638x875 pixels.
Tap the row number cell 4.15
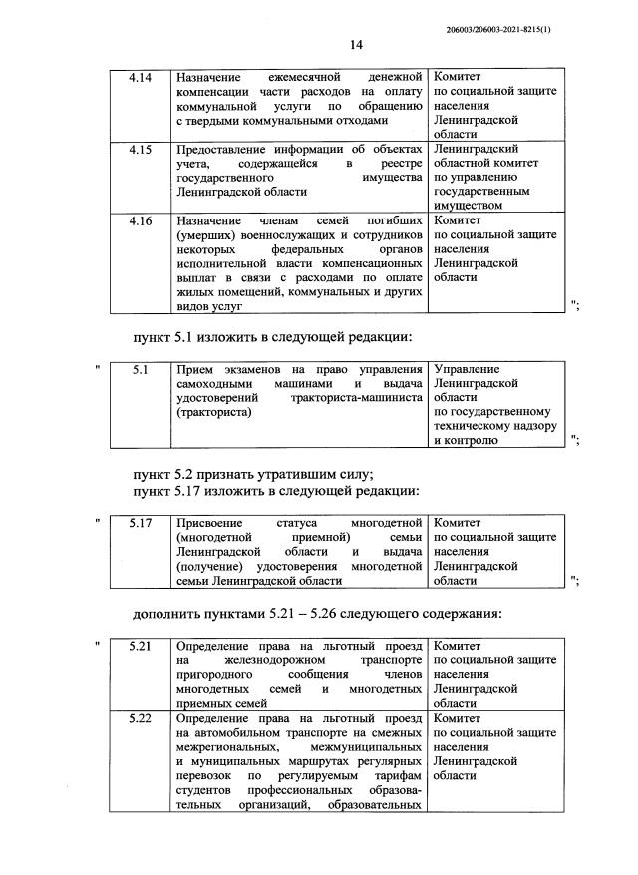coord(140,149)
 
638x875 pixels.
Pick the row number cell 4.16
coord(140,220)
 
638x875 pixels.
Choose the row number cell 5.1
coord(140,370)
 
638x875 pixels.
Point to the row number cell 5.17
coord(140,522)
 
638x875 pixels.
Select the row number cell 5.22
coord(140,717)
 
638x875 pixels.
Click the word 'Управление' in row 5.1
coord(467,370)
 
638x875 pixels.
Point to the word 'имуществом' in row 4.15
coord(469,205)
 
